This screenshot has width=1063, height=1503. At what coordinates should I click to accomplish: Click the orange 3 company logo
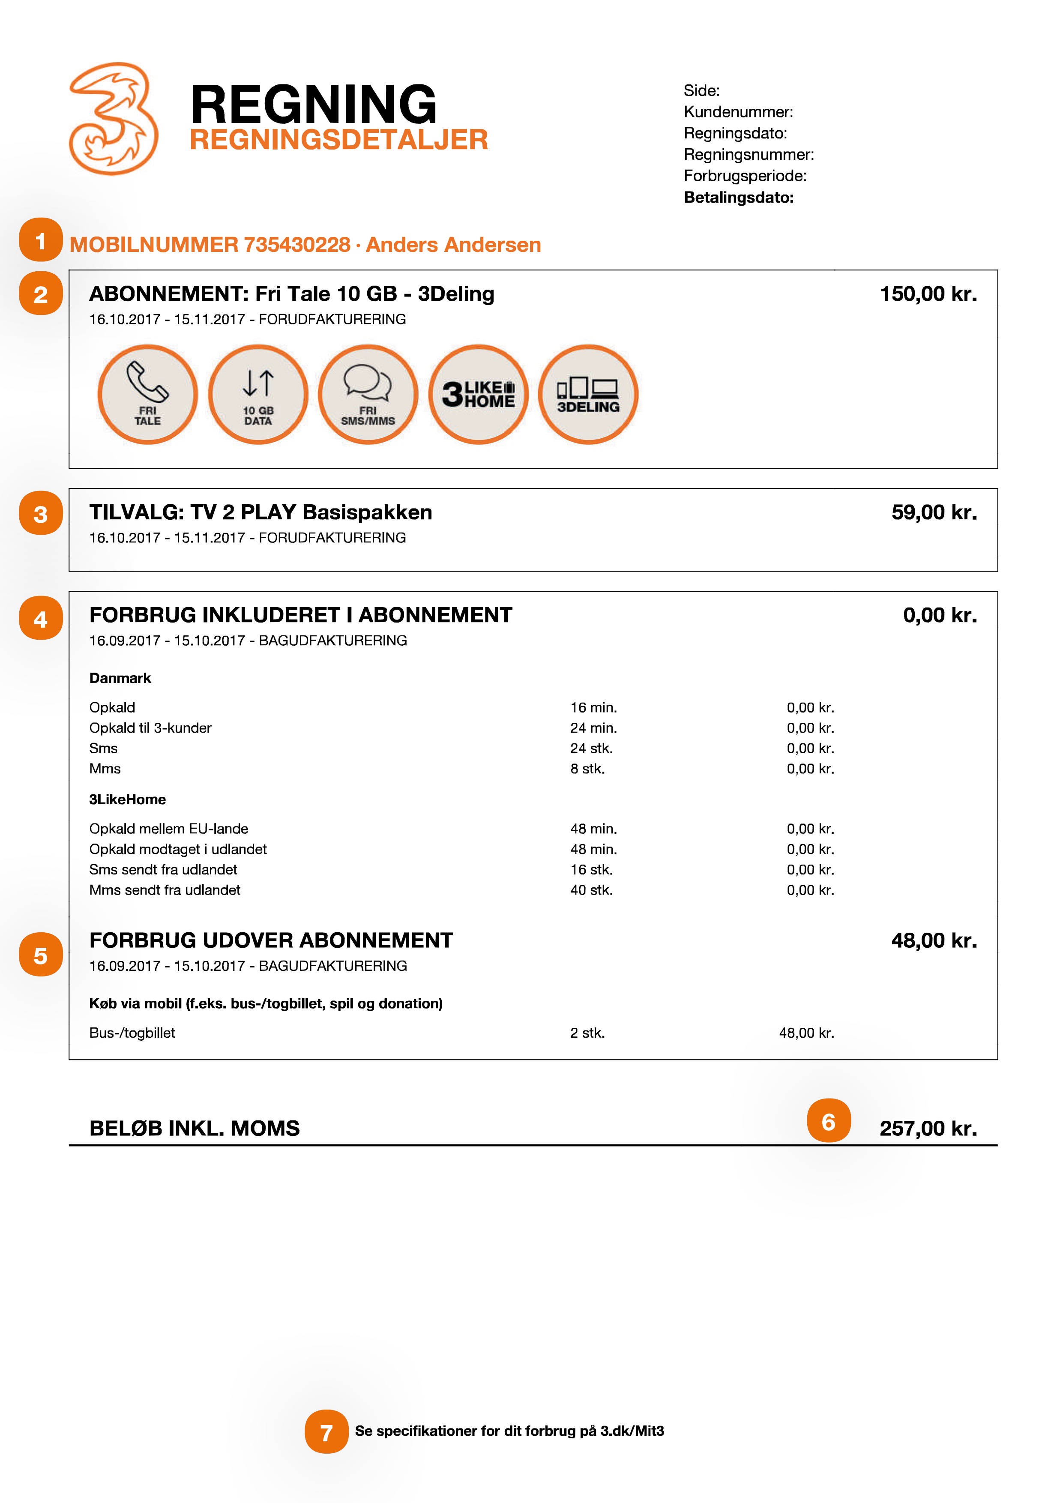point(113,119)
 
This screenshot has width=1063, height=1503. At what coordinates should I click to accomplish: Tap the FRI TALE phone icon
point(147,394)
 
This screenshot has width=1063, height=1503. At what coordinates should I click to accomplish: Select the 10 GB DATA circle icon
point(258,394)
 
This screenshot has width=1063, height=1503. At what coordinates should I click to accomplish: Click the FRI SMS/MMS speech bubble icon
point(368,394)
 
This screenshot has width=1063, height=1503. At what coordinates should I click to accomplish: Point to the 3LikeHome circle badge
point(479,394)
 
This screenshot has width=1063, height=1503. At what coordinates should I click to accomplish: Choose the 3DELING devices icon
point(588,394)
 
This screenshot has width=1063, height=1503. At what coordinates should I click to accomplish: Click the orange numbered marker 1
point(41,240)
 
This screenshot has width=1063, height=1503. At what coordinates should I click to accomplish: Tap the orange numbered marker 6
point(828,1121)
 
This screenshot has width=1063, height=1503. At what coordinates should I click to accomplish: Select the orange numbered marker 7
point(326,1431)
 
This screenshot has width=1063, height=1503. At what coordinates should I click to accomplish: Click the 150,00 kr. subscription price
point(928,294)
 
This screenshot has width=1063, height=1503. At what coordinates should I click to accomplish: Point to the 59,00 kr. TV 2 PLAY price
point(934,512)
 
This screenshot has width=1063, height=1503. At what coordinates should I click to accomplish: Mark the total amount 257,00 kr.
point(928,1128)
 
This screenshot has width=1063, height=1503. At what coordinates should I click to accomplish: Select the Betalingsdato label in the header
point(738,198)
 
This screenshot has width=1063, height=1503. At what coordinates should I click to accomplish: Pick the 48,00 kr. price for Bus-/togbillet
point(806,1033)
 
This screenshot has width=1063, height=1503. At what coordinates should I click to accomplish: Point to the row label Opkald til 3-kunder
point(150,728)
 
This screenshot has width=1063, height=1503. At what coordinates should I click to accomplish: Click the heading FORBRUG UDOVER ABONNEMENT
point(271,940)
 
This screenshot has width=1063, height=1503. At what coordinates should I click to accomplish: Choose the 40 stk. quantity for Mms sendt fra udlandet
point(591,889)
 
